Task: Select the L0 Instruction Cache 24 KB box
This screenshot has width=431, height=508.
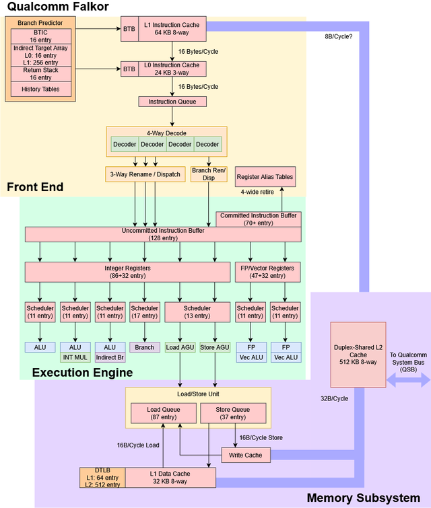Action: pyautogui.click(x=171, y=68)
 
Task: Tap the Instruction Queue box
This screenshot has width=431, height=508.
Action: pyautogui.click(x=172, y=102)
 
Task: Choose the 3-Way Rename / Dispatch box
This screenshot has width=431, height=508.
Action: pyautogui.click(x=145, y=174)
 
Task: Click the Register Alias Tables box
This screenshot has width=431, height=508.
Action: pyautogui.click(x=265, y=177)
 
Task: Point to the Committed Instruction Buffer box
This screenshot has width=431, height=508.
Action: pyautogui.click(x=259, y=219)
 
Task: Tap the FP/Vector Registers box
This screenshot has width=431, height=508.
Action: pyautogui.click(x=267, y=272)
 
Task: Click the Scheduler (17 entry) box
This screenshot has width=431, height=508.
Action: pyautogui.click(x=144, y=312)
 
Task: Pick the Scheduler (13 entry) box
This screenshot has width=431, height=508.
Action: pyautogui.click(x=197, y=312)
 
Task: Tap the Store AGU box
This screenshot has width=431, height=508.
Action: pyautogui.click(x=215, y=348)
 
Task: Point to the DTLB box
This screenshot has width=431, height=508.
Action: pyautogui.click(x=101, y=477)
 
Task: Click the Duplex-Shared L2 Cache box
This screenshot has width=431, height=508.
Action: pyautogui.click(x=357, y=354)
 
